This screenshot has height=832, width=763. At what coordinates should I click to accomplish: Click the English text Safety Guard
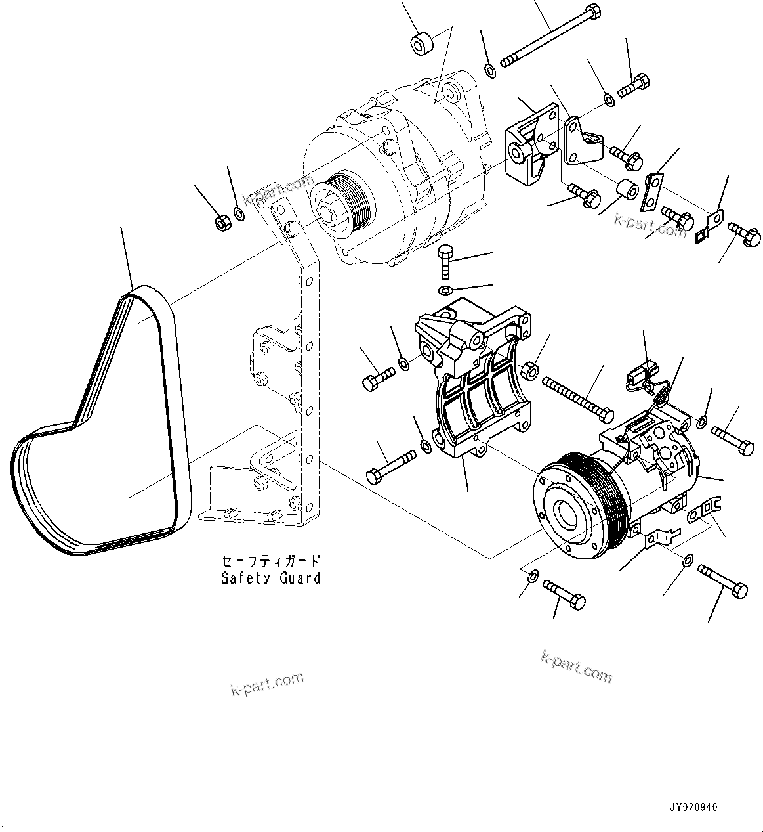pyautogui.click(x=270, y=579)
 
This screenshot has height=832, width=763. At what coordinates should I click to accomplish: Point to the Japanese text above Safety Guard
pyautogui.click(x=270, y=561)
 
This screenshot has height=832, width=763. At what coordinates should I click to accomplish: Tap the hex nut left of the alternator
pyautogui.click(x=222, y=223)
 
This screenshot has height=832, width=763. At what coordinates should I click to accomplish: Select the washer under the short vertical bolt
pyautogui.click(x=445, y=290)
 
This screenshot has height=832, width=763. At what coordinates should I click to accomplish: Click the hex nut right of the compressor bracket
pyautogui.click(x=531, y=372)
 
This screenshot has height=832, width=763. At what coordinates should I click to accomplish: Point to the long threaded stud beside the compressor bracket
pyautogui.click(x=577, y=398)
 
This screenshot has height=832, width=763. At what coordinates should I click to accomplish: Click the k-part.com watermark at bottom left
pyautogui.click(x=267, y=684)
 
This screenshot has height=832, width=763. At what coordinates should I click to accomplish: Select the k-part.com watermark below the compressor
pyautogui.click(x=576, y=666)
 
